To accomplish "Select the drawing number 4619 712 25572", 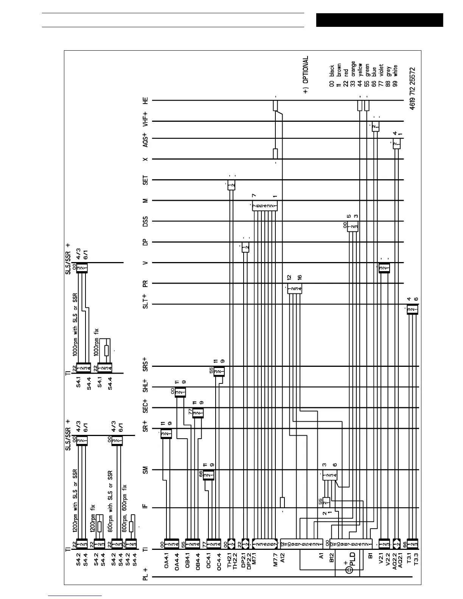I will pyautogui.click(x=412, y=88).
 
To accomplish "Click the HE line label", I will pyautogui.click(x=145, y=100).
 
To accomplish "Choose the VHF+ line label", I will pyautogui.click(x=145, y=119).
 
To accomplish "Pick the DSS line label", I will pyautogui.click(x=145, y=221).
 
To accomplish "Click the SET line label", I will pyautogui.click(x=145, y=180).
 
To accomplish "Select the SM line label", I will pyautogui.click(x=145, y=470).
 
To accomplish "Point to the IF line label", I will pyautogui.click(x=145, y=507).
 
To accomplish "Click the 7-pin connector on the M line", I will pyautogui.click(x=265, y=206).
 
